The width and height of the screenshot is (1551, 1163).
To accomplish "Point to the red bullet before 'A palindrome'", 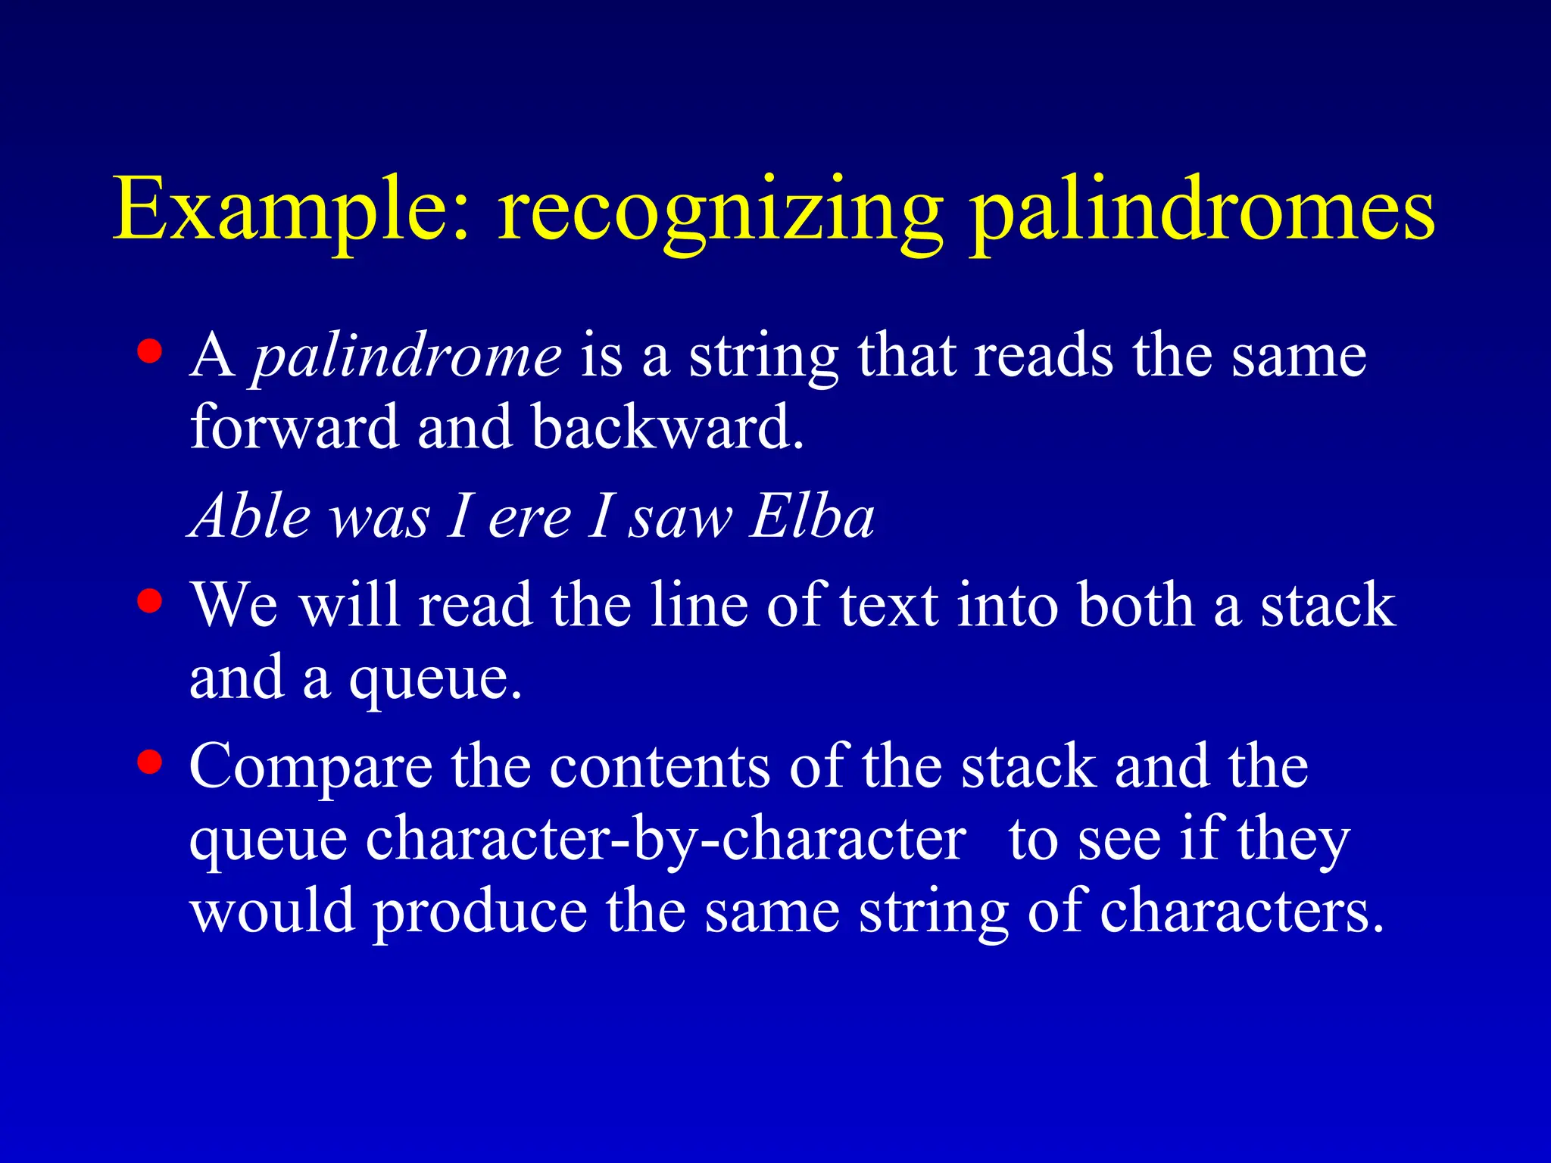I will [150, 351].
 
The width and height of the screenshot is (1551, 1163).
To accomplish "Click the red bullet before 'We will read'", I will [150, 601].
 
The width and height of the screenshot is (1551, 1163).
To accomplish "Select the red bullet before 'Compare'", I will [150, 762].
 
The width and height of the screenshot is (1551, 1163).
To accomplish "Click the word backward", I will [666, 427].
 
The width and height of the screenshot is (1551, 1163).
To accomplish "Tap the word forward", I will [294, 427].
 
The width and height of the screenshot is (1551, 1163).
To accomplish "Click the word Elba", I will [812, 516].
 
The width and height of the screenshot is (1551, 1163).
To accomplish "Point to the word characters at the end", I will [1240, 912].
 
